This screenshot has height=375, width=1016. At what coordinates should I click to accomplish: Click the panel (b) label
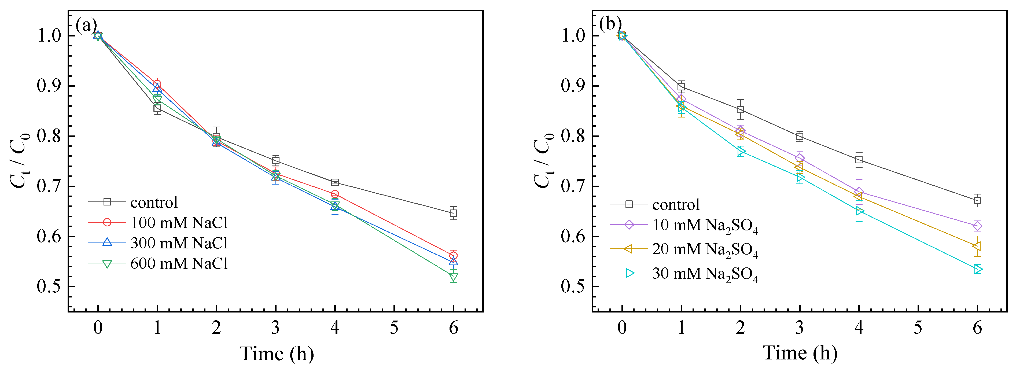610,24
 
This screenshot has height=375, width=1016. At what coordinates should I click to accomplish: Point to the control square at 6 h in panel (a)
454,213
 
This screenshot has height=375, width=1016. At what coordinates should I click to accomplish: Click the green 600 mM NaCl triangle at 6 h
454,277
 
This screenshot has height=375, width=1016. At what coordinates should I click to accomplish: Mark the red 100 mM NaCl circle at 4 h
335,194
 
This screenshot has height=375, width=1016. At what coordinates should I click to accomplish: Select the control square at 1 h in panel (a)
157,108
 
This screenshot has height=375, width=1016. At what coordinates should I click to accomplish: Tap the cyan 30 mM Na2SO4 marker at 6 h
978,269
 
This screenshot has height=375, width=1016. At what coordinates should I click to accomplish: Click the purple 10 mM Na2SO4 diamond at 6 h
977,226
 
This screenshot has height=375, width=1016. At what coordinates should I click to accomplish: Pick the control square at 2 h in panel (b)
740,110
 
